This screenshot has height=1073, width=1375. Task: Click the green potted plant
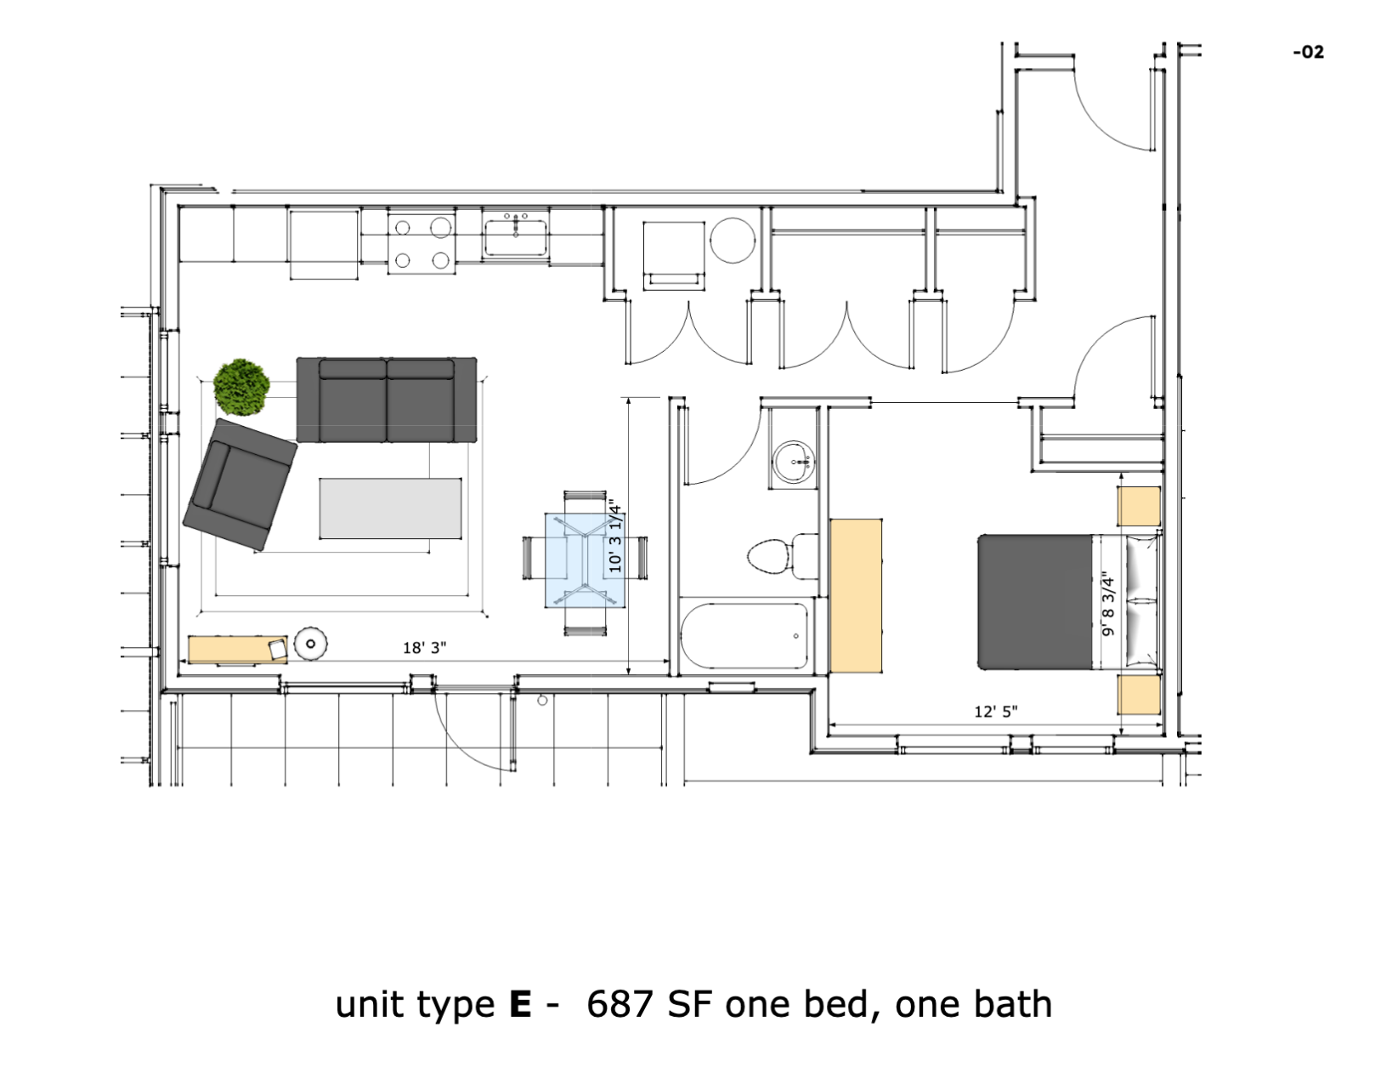tap(241, 387)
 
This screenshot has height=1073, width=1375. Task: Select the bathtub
tap(744, 637)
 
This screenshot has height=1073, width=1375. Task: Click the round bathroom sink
tap(795, 463)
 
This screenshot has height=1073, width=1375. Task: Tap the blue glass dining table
tap(585, 560)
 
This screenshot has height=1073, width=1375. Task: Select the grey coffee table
tap(391, 508)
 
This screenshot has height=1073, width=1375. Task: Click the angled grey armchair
tap(240, 484)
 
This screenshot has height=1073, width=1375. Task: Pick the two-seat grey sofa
tap(387, 400)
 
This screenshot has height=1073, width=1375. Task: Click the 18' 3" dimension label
tap(424, 648)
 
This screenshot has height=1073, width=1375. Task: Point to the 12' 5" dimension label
tap(996, 712)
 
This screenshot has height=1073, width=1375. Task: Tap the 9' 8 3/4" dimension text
tap(1107, 604)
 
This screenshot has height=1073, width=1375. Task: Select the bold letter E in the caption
tap(520, 1005)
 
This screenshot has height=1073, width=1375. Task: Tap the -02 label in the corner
tap(1308, 53)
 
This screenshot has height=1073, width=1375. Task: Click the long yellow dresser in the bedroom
tap(856, 595)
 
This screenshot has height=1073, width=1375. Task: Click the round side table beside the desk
tap(311, 644)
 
